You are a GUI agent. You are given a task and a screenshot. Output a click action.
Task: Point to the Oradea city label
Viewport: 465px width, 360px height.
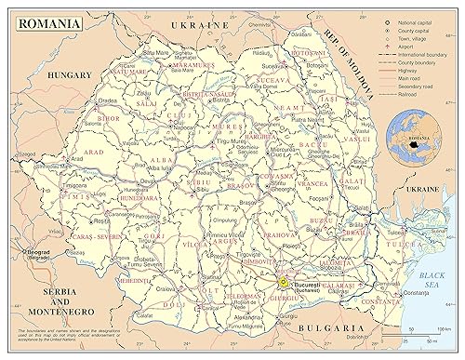pyautogui.click(x=109, y=100)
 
